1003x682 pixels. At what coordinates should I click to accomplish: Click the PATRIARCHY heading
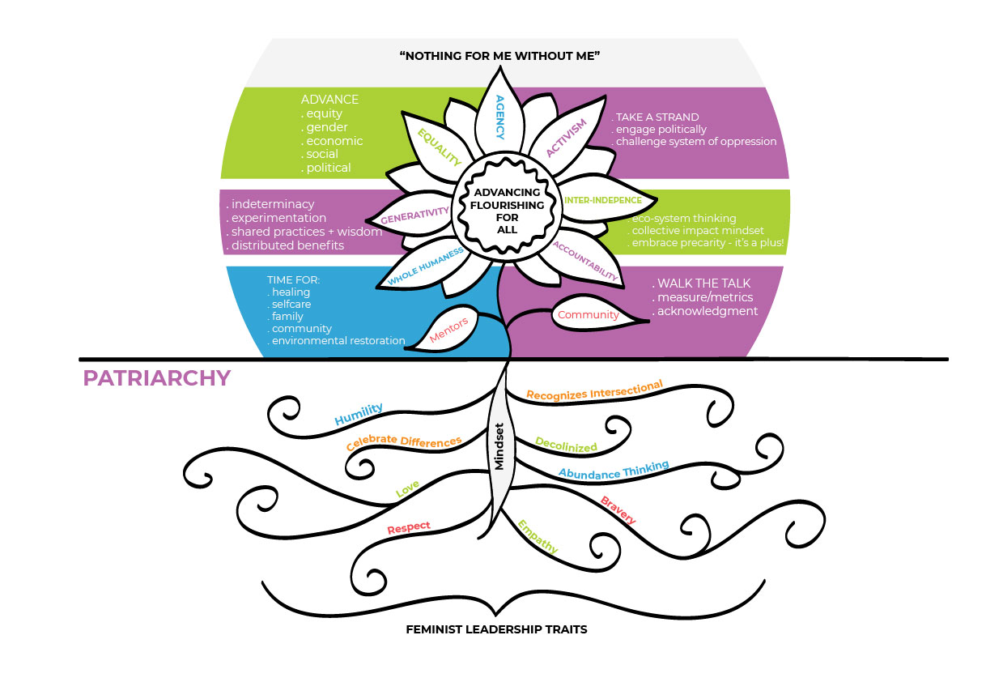(155, 378)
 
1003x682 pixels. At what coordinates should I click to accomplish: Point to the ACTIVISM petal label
(565, 138)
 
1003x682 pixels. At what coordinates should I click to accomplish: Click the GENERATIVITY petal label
(414, 215)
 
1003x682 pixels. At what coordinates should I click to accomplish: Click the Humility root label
(359, 415)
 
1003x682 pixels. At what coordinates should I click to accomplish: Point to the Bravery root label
(618, 509)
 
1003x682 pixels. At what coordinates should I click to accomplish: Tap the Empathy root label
(538, 537)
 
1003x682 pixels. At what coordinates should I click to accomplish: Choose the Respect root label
(409, 528)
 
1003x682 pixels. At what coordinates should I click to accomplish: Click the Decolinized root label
(566, 445)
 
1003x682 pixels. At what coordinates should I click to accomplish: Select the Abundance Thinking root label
(614, 469)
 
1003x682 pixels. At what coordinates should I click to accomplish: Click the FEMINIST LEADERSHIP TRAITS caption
(496, 629)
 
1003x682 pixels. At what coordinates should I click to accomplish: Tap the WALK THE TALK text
(703, 283)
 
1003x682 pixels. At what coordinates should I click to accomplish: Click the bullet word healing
(291, 292)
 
